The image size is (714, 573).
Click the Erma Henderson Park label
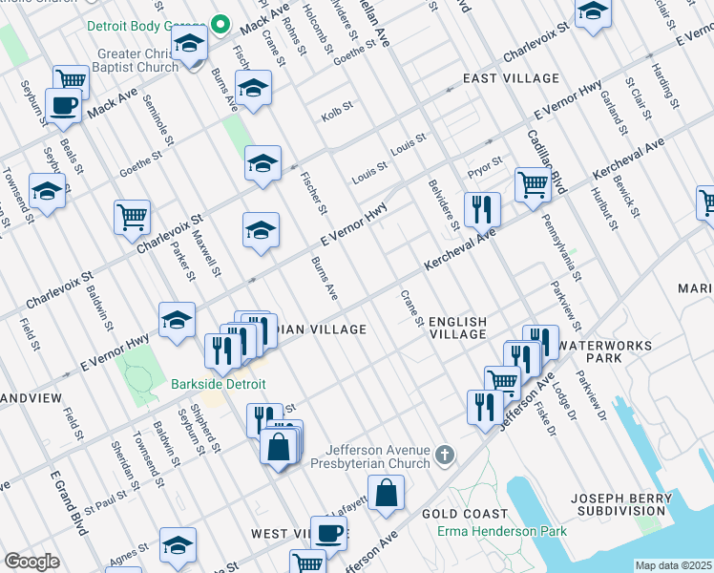pos(501,532)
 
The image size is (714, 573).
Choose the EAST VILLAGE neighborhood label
pos(510,77)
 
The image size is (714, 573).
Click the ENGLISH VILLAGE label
pos(457,329)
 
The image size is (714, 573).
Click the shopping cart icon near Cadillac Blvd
pos(533,184)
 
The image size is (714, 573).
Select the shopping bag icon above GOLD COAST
pos(386,493)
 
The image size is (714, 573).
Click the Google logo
pos(32,562)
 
